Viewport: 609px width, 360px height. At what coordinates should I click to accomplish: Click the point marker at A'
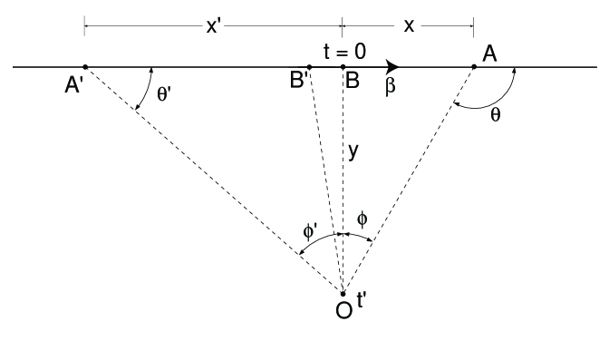[x=84, y=66]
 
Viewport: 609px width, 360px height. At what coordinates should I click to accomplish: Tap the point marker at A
[x=474, y=66]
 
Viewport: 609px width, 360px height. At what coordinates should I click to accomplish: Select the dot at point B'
[x=310, y=66]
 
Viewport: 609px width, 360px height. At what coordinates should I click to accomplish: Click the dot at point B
[x=343, y=66]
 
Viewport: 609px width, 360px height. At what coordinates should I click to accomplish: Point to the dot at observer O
[x=343, y=292]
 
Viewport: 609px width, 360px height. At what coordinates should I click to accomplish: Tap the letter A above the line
[x=489, y=54]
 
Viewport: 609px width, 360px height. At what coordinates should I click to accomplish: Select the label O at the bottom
[x=343, y=310]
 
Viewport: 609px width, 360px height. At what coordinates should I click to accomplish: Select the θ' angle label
[x=169, y=92]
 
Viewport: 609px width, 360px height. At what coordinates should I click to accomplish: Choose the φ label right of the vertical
[x=362, y=219]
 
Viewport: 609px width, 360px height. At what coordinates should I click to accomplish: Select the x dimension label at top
[x=409, y=25]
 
